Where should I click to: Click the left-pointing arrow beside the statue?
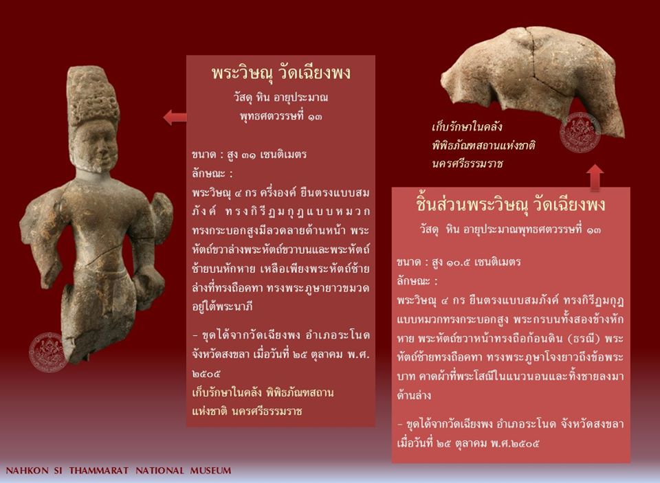(x=175, y=117)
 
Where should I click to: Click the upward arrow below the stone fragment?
(x=595, y=177)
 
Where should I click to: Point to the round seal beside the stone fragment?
(x=580, y=132)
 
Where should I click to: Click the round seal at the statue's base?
(x=48, y=352)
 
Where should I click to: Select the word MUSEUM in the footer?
(x=210, y=471)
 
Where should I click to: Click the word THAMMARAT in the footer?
(x=99, y=471)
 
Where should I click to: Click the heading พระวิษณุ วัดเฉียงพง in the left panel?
(x=280, y=73)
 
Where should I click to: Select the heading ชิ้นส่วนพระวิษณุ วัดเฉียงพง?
(x=510, y=205)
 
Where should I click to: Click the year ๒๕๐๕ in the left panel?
(x=206, y=374)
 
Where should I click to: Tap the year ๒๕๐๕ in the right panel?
(x=525, y=443)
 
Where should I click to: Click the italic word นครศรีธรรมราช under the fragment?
(x=467, y=164)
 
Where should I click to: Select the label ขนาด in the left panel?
(x=203, y=155)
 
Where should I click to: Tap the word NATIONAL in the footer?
(x=159, y=471)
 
